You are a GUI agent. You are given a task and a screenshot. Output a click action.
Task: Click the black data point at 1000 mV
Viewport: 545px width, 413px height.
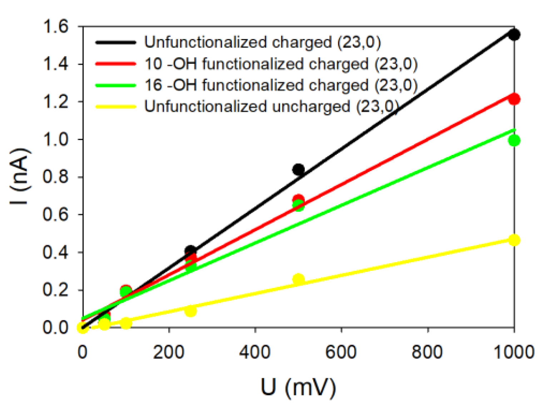[x=514, y=35]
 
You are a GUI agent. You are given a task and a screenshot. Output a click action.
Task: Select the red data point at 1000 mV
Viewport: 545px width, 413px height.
[x=514, y=99]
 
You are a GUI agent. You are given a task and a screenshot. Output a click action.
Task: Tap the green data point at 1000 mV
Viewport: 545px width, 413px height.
[x=514, y=141]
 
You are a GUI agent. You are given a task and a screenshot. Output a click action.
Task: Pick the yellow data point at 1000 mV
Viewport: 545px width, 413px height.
[x=514, y=240]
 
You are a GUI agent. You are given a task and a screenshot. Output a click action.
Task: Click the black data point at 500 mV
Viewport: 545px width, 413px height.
[x=298, y=170]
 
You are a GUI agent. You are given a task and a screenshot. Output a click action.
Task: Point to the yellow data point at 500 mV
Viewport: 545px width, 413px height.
[x=298, y=279]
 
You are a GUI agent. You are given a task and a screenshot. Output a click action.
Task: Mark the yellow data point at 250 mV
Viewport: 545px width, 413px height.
[x=190, y=311]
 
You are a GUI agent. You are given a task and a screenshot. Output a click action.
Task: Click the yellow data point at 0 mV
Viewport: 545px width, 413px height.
[x=83, y=327]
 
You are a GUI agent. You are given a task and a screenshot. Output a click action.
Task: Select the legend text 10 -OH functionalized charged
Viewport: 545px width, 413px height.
[x=281, y=64]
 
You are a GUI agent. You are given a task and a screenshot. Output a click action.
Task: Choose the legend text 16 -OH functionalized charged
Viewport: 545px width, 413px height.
[x=281, y=85]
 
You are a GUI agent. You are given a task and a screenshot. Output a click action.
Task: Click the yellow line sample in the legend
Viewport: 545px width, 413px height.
[x=115, y=106]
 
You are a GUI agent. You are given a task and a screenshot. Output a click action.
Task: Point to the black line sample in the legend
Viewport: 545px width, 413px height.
[x=115, y=42]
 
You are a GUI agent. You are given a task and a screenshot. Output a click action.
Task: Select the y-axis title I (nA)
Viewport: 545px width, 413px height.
[x=20, y=176]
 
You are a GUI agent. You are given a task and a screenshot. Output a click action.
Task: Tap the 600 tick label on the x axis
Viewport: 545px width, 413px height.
[x=341, y=352]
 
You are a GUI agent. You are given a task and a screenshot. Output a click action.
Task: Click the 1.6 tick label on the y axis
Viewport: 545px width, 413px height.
[x=55, y=27]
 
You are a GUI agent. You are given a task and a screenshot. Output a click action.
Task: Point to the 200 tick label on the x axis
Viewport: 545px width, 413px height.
[x=168, y=352]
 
